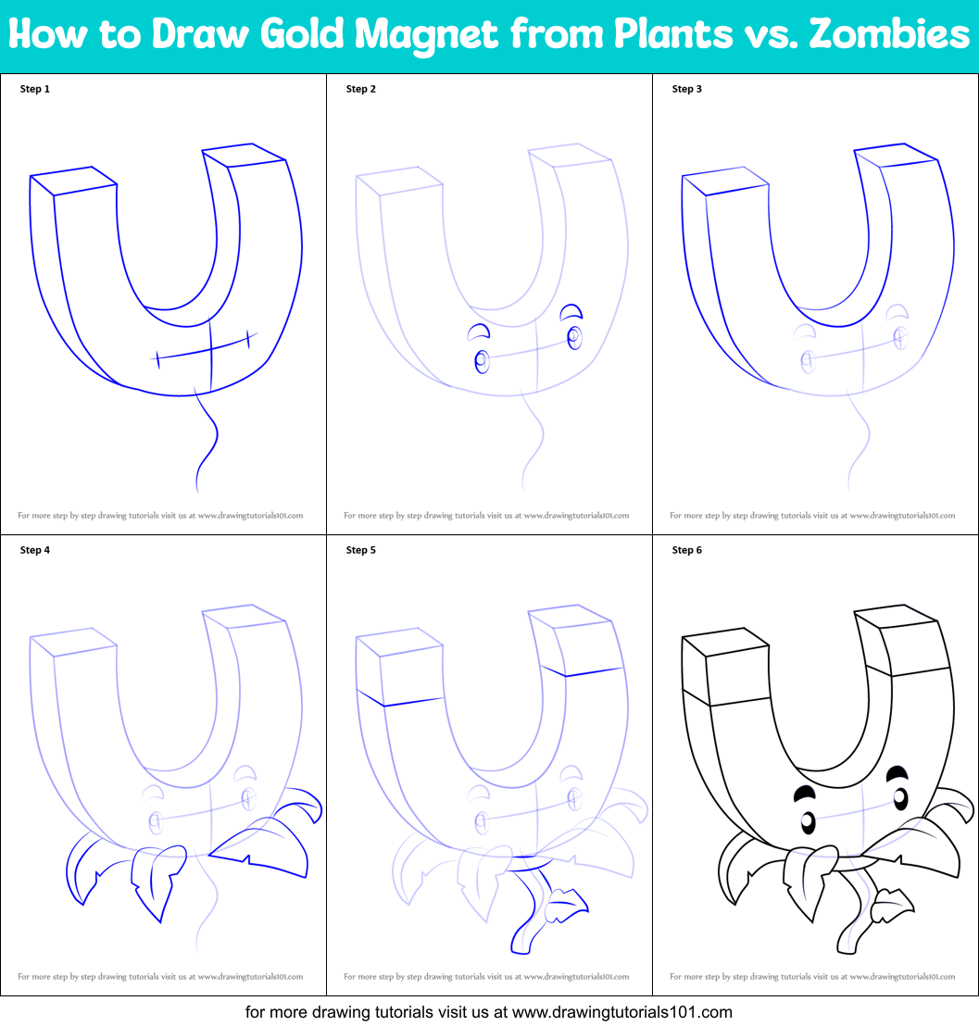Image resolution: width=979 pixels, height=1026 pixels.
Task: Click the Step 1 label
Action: pos(35,89)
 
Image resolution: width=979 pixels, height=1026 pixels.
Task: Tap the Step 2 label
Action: pos(361,89)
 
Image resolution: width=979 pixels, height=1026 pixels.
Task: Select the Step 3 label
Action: pos(687,89)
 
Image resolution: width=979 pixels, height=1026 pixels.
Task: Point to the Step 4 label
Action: pos(35,550)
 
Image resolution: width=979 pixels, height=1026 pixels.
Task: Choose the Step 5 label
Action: pos(361,550)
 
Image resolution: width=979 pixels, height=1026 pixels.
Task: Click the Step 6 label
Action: pos(687,550)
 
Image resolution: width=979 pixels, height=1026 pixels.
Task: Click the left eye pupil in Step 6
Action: pos(808,821)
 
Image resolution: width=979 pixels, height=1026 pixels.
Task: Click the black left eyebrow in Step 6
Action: pos(804,793)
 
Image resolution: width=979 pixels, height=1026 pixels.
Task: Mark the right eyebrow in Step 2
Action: pos(572,310)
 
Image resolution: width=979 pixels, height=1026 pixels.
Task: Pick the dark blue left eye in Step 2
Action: pos(481,361)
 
